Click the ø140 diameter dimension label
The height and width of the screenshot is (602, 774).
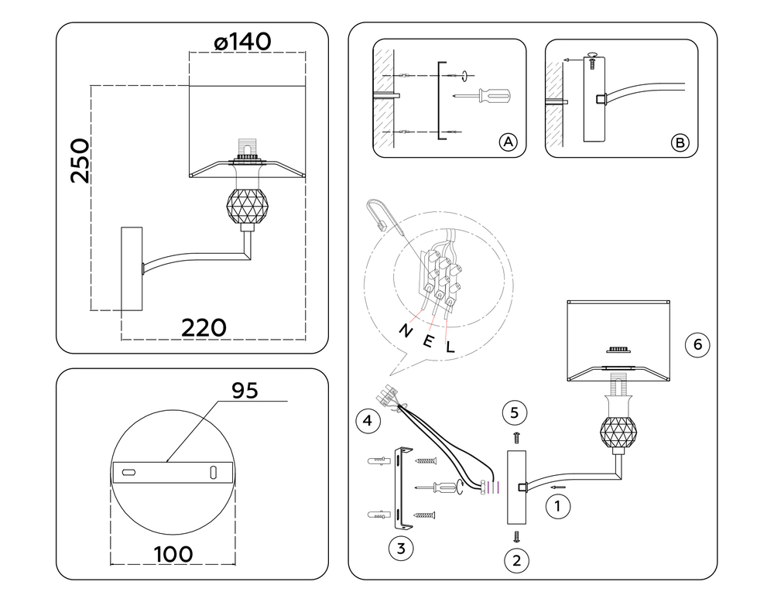[241, 42]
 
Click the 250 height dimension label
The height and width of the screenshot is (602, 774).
[80, 161]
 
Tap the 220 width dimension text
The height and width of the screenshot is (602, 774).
[204, 327]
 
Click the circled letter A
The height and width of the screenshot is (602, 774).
[507, 142]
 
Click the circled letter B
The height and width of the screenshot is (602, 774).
[680, 142]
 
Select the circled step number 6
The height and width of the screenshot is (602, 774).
[697, 345]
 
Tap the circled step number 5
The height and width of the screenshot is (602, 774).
[517, 412]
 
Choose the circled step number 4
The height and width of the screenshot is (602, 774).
[368, 421]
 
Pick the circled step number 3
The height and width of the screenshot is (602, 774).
[400, 549]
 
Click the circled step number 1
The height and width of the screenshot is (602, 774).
[558, 508]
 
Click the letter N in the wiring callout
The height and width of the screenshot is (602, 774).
[405, 330]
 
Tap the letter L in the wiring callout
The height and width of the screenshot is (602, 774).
[450, 346]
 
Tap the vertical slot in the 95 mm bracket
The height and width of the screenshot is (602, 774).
[213, 471]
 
